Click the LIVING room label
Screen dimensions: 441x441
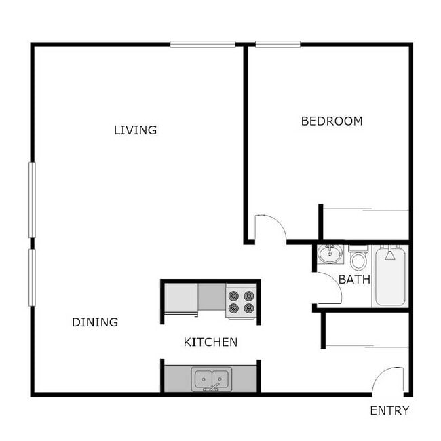(135, 130)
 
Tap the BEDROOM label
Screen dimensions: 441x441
(332, 121)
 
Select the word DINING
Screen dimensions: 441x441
(95, 322)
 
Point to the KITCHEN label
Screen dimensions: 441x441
(210, 342)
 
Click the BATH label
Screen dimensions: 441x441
(354, 280)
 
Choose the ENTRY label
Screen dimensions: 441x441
(389, 410)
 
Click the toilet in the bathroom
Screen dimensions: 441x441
(358, 257)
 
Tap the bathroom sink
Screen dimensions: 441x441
(330, 254)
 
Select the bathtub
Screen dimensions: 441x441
(390, 275)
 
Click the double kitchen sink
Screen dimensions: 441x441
(212, 379)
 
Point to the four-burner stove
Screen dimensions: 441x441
(242, 302)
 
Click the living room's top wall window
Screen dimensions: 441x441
(202, 44)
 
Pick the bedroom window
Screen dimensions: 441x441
(278, 44)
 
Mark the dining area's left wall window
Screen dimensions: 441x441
(33, 277)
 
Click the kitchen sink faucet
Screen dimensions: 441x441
(212, 387)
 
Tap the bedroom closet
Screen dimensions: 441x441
(365, 225)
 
